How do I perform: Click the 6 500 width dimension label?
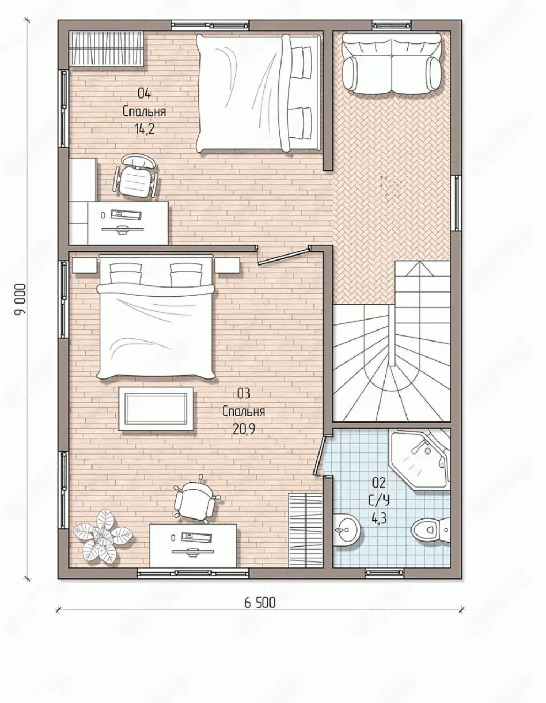coord(260,603)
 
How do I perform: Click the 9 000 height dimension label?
coord(19,300)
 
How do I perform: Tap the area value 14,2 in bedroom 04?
coord(145,130)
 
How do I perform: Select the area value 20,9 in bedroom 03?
coord(244,429)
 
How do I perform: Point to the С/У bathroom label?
coord(379,500)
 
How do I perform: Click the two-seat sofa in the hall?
coord(392,63)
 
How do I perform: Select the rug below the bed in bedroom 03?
coord(156,409)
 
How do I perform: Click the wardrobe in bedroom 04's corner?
coord(106,49)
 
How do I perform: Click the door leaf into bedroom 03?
coord(282,257)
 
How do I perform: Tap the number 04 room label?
coord(144,93)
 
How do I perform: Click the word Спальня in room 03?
coord(244,411)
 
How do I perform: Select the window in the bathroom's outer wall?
coord(385,573)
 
